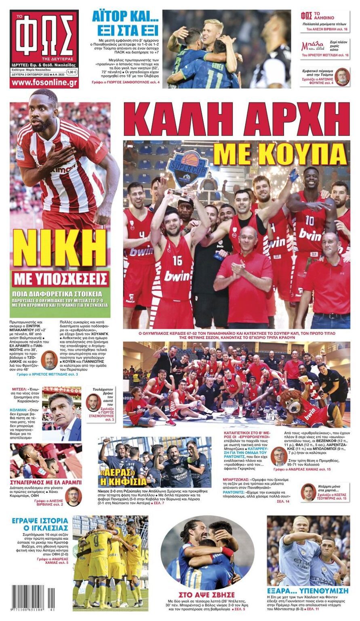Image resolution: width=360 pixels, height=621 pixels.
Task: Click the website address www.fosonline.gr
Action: [44, 82]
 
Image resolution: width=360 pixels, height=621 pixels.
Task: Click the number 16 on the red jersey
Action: [177, 260]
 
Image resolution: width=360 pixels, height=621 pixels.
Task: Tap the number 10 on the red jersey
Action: [309, 220]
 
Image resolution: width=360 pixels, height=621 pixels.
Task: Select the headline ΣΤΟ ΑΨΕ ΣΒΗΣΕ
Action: [207, 595]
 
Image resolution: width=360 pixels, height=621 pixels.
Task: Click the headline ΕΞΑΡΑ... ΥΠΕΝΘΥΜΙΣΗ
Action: [308, 591]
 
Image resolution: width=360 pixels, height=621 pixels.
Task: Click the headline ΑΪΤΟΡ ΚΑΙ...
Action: [122, 17]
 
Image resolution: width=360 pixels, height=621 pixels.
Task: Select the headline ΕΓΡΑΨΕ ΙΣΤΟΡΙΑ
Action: [40, 524]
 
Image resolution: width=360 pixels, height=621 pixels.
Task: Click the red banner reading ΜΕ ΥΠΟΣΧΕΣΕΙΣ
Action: [60, 279]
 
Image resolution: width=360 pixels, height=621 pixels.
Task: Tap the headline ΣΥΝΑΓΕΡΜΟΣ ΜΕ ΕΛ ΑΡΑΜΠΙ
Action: [46, 482]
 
